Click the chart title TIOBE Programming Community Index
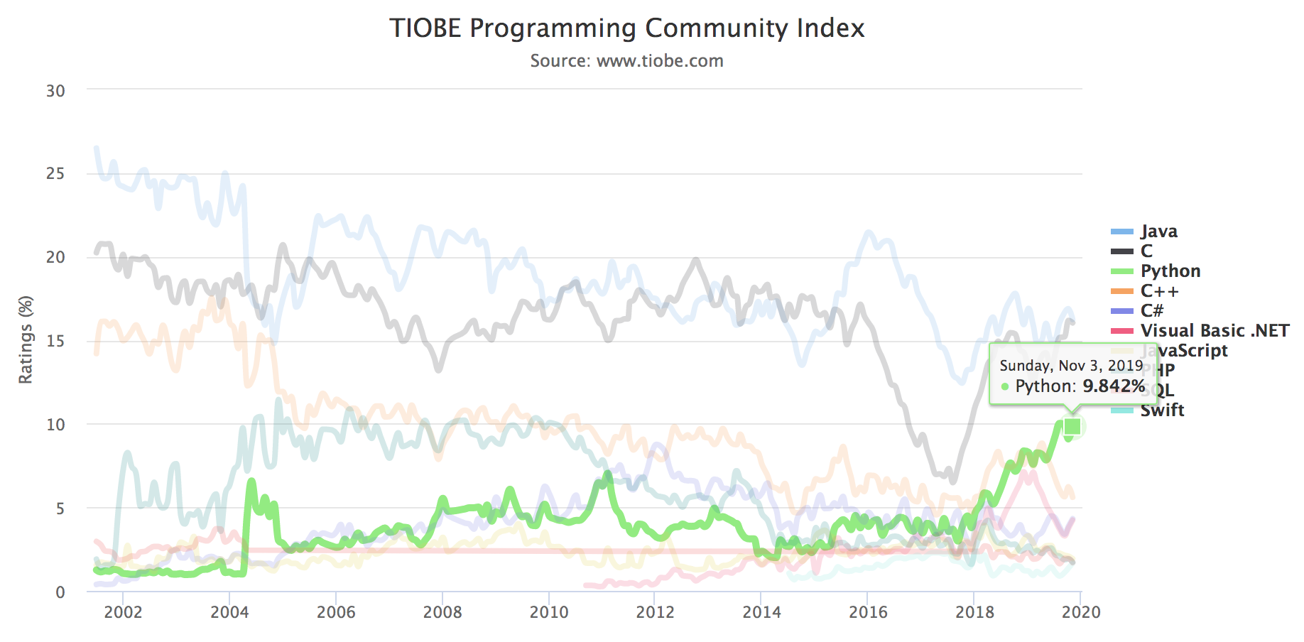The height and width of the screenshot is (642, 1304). (626, 28)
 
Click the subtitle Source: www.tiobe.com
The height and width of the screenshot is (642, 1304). (626, 61)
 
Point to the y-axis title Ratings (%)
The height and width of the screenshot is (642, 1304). (26, 339)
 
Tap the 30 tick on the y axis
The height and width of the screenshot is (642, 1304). (55, 91)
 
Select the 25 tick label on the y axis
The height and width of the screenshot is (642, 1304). (55, 174)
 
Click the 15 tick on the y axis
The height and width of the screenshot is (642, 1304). (55, 341)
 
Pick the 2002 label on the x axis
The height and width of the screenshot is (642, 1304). (123, 612)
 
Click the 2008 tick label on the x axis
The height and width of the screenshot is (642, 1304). (442, 612)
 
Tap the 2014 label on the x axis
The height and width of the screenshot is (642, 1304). (761, 612)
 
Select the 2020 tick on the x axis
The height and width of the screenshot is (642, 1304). (1080, 612)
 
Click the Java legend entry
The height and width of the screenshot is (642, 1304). (1158, 232)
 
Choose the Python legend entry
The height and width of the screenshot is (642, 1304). (1170, 271)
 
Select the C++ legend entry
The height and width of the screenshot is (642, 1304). (1159, 291)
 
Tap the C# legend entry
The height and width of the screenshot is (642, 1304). (1151, 311)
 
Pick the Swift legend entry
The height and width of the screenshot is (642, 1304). (1162, 410)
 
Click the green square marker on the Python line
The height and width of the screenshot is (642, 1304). (1072, 426)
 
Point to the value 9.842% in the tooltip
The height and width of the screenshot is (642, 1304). (1113, 386)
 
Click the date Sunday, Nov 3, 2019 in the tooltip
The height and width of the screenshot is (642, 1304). (1071, 366)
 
